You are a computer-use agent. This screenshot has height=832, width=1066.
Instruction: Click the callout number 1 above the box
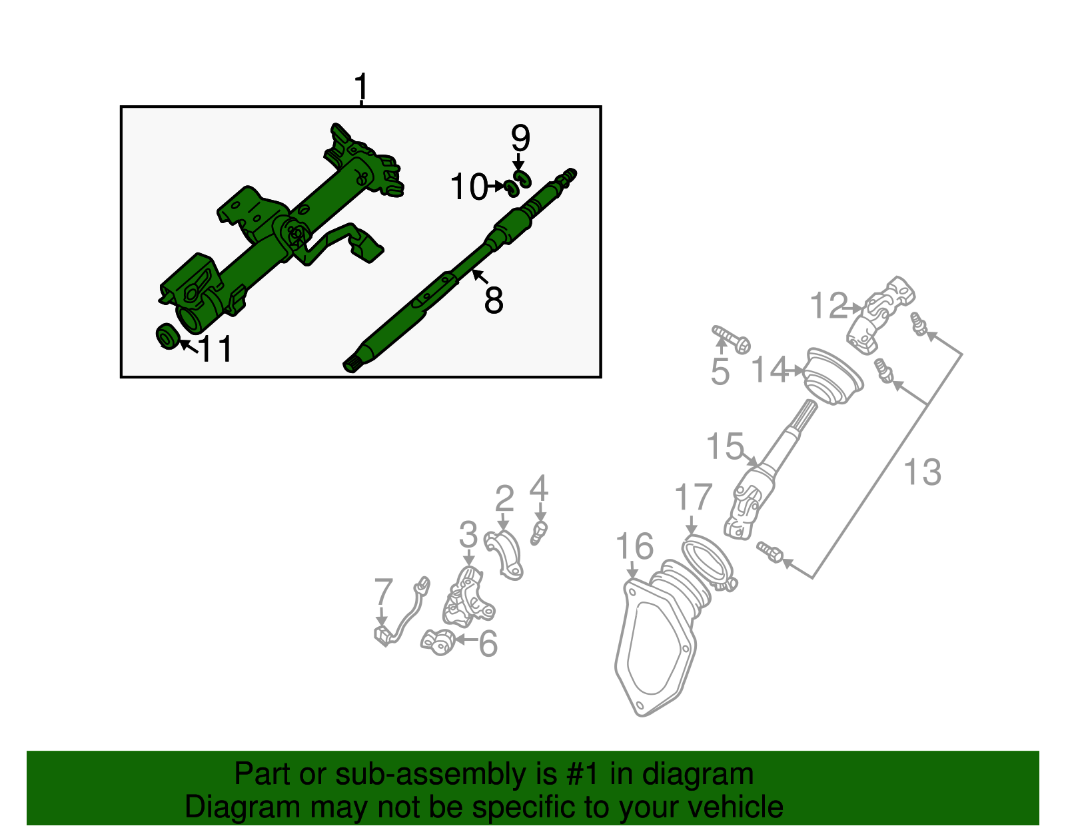click(x=360, y=87)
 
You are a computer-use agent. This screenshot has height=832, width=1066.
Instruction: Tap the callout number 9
click(x=520, y=139)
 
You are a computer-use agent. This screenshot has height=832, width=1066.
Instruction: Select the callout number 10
click(x=470, y=187)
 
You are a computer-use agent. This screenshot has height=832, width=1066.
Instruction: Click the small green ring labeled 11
click(x=167, y=336)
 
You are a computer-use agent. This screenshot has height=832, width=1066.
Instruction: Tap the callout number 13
click(x=922, y=472)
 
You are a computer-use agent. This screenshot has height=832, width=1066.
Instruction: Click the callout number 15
click(x=725, y=446)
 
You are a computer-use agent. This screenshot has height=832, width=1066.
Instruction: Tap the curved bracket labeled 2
click(x=504, y=552)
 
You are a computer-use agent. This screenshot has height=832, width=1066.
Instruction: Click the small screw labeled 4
click(x=540, y=532)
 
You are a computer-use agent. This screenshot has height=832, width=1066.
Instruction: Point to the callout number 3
click(x=468, y=535)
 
